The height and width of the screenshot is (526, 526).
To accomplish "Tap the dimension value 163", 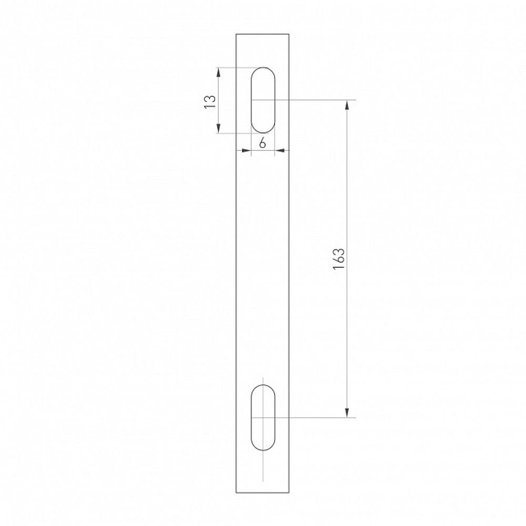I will (339, 258).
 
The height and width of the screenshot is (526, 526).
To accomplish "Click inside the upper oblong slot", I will (263, 100).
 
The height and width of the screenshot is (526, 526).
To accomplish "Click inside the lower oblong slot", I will (263, 418).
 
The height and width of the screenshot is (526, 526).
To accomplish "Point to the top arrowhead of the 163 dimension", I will (347, 104).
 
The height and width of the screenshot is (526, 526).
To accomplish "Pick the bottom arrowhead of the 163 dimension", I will (347, 413).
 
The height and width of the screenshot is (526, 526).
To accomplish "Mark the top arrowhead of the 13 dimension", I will (219, 72).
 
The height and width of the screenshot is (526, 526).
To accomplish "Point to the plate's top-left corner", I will (236, 34).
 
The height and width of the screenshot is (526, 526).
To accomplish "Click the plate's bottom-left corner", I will (236, 493).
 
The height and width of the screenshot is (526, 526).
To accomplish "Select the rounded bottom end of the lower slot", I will (263, 450).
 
